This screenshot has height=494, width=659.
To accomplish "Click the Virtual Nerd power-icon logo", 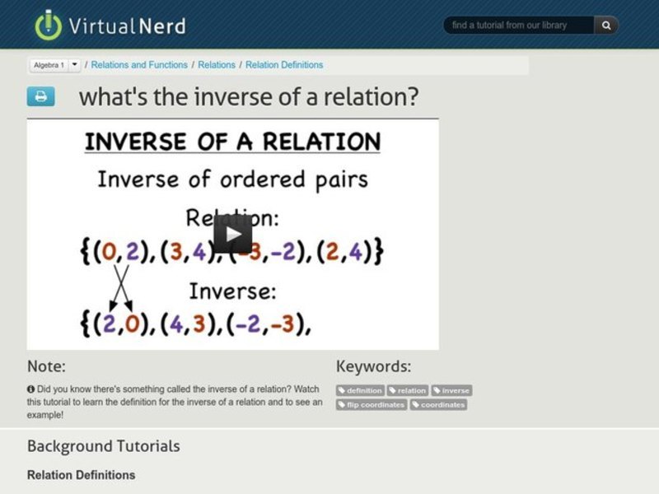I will (48, 25).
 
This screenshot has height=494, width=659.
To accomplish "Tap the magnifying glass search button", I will (606, 26).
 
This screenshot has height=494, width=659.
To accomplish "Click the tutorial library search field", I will (519, 26).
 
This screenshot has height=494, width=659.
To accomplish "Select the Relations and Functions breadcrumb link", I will (138, 64).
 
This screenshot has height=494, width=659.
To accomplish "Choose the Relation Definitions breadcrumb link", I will (284, 64).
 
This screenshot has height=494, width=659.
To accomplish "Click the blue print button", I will (40, 97).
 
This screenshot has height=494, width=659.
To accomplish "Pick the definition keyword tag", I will (360, 390).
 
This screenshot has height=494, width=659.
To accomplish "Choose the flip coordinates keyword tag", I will (372, 404).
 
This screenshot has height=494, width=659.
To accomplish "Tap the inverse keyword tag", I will (451, 390).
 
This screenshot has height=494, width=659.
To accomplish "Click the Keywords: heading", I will (373, 366).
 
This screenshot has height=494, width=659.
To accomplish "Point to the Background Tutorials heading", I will (103, 446).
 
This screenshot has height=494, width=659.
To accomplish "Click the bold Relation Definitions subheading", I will (81, 475).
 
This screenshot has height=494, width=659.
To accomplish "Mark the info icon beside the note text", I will (30, 389).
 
